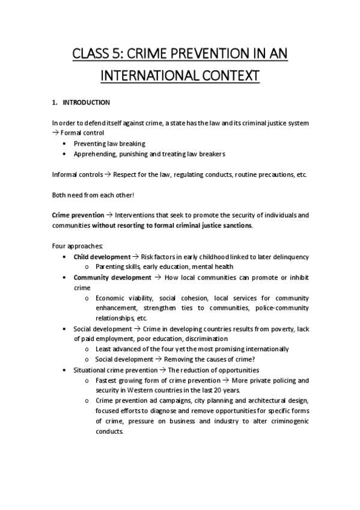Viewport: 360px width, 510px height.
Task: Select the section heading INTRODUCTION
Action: click(87, 102)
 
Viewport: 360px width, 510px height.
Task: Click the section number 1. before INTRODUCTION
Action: click(55, 102)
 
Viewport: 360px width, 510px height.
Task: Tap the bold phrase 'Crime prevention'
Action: click(78, 215)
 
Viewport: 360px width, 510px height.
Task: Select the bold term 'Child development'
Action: click(101, 257)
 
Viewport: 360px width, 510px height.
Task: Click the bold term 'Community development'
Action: click(112, 277)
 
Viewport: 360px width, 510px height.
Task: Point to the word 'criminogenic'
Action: click(286, 421)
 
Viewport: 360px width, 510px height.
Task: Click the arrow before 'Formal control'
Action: click(56, 132)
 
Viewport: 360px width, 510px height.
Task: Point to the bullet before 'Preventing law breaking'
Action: click(64, 144)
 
